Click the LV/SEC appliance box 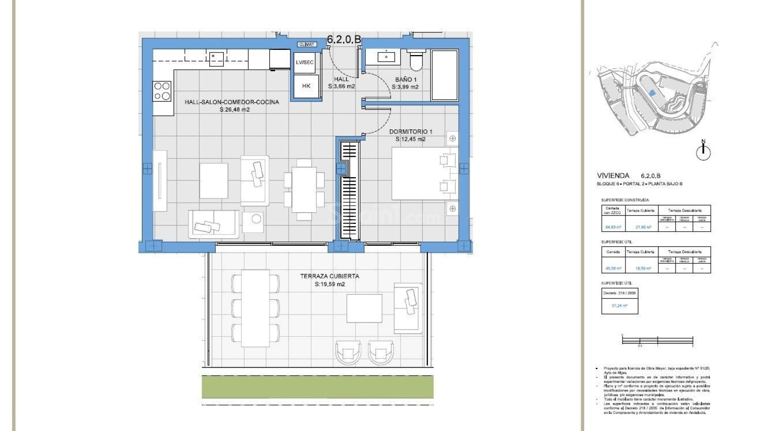[x=305, y=63]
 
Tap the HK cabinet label [x=306, y=86]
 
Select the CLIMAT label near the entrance [x=307, y=44]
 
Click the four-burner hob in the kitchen [x=163, y=91]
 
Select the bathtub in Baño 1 [x=444, y=75]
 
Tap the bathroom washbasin [x=386, y=57]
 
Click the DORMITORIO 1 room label [x=411, y=131]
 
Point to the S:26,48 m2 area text [x=234, y=109]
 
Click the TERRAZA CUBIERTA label [x=330, y=276]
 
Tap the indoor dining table [x=304, y=190]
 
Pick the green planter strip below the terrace [x=318, y=387]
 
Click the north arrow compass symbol [x=703, y=151]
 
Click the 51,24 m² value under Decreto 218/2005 [x=619, y=306]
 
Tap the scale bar [x=657, y=340]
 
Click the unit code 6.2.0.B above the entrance [x=344, y=39]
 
